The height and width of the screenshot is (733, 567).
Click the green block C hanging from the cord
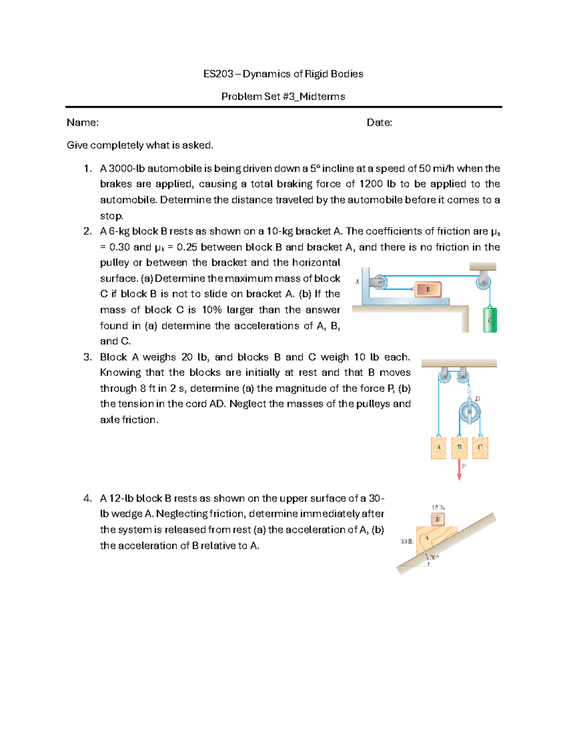(490, 320)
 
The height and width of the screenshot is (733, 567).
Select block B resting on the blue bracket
(428, 289)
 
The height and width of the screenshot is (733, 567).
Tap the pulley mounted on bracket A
(379, 282)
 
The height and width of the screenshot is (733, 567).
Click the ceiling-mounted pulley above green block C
(483, 282)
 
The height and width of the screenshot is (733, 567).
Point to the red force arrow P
(459, 470)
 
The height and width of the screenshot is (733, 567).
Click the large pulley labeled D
(470, 412)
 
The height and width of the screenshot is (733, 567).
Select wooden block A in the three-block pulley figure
(438, 447)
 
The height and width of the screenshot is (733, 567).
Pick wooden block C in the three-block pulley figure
(480, 447)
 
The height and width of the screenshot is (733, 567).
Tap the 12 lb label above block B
(438, 507)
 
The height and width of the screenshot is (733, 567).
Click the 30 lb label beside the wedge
(406, 541)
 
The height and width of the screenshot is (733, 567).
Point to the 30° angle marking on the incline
(433, 557)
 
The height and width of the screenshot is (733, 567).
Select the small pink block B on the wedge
(438, 520)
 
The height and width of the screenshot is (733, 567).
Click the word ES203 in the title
(218, 74)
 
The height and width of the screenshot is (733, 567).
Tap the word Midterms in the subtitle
(322, 97)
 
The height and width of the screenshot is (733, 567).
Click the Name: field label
(83, 123)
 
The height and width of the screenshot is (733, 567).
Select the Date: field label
(379, 123)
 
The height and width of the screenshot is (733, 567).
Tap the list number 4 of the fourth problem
(87, 498)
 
